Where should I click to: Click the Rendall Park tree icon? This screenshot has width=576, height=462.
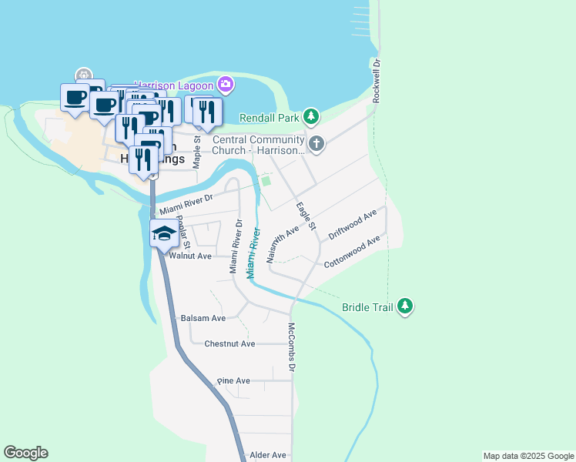pos(310,117)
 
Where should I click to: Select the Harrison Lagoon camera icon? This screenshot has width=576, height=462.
pos(225,84)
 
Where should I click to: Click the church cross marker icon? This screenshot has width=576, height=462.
pos(316,143)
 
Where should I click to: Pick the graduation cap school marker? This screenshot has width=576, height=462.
pos(163,233)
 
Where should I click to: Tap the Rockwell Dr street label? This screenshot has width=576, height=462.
pos(377,81)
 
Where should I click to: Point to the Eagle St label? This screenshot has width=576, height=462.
pos(306,216)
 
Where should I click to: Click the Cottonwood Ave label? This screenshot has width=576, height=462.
pos(352,252)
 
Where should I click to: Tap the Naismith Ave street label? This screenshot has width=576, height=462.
pos(282,245)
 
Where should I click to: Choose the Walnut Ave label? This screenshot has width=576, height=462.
pos(190,256)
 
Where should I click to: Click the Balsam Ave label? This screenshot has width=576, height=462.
pos(203,317)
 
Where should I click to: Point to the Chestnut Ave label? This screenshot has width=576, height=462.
pos(229,344)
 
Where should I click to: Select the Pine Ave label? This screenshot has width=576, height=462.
pos(233,380)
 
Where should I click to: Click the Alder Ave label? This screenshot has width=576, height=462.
pos(268,455)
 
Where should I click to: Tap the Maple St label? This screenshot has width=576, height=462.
pos(197,152)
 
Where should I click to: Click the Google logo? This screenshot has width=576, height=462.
pos(25,453)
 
